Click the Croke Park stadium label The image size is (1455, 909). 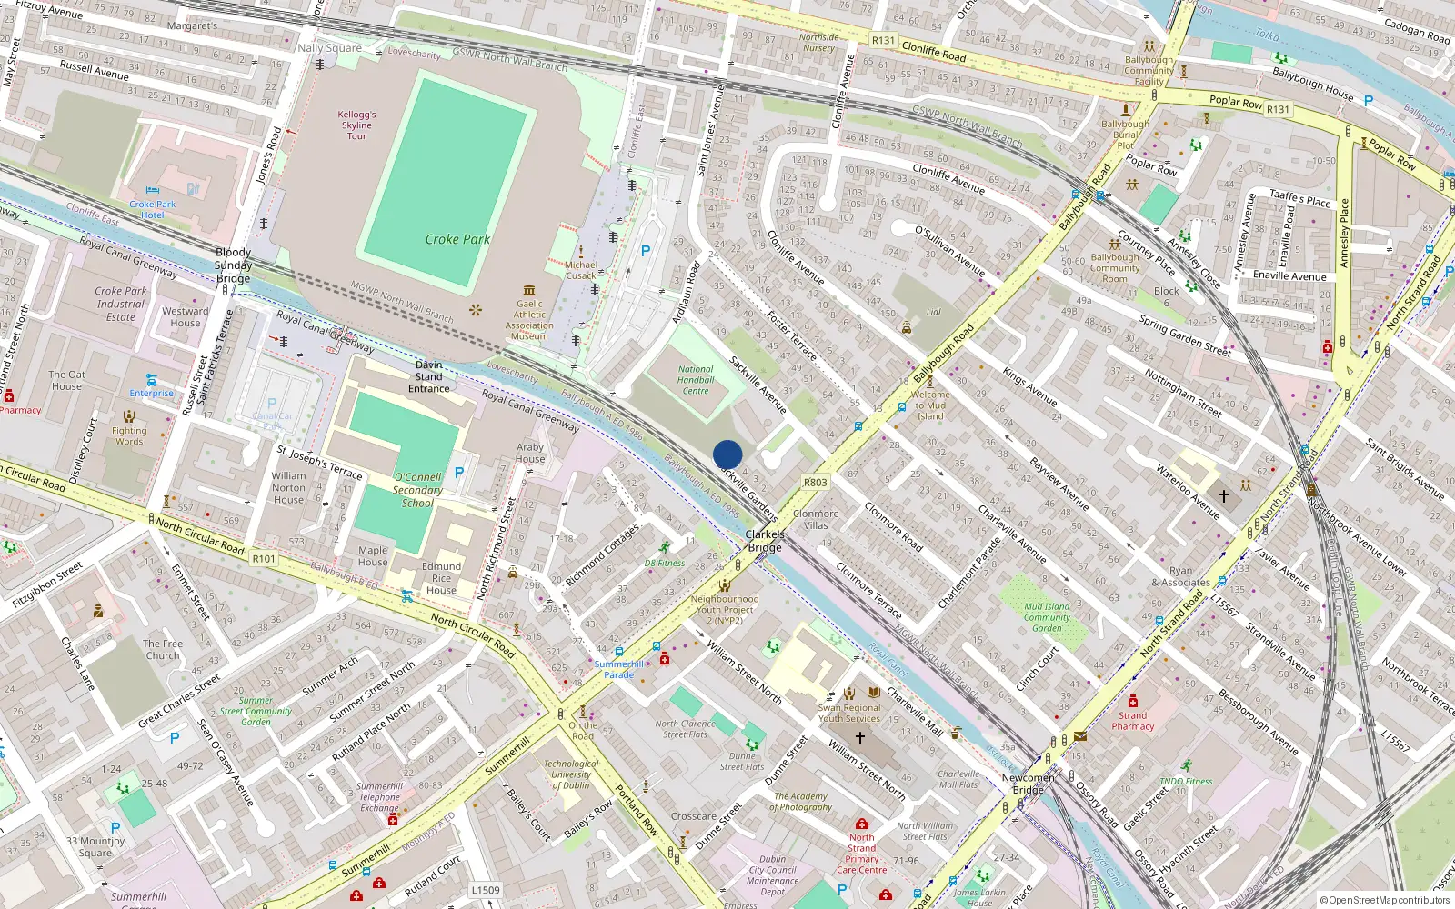pos(457,239)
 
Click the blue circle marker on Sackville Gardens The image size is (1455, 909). pos(727,454)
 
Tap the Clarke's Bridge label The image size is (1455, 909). pos(765,541)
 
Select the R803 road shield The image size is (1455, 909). pos(816,483)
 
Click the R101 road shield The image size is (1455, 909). pos(264,558)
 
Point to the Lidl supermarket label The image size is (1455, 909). pos(933,312)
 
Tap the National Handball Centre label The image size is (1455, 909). pos(696,380)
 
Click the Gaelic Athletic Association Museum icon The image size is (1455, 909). pos(530,290)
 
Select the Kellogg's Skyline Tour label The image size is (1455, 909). pos(356,125)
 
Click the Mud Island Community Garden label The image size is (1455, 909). pos(1047,617)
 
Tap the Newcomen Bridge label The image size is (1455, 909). pos(1029,784)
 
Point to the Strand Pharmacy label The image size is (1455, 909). pos(1132,721)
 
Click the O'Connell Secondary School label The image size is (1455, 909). pos(418,489)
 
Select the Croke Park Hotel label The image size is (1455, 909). pos(153,209)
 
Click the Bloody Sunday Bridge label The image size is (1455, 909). pos(234,265)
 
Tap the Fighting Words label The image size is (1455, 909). pos(129,436)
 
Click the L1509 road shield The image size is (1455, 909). pos(486,890)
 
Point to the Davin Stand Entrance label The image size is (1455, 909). pos(429,376)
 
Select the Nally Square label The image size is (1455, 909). pos(330,48)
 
